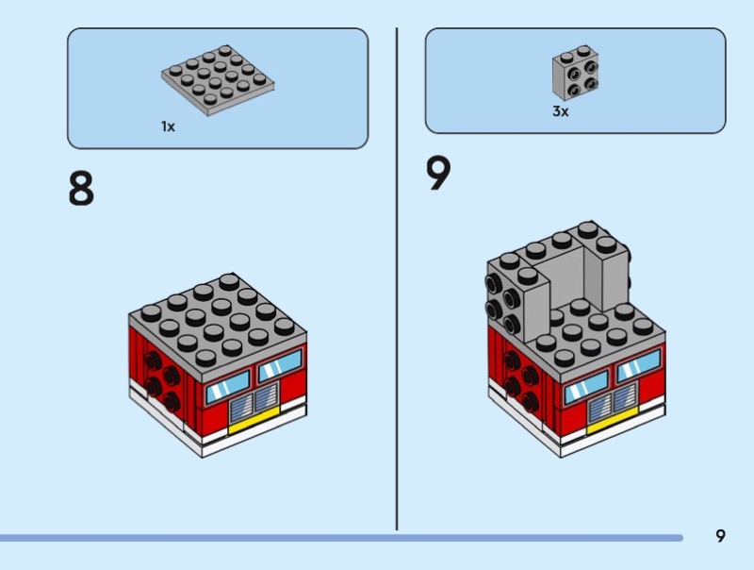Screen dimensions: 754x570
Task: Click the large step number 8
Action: (81, 189)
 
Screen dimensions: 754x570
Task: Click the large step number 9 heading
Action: (438, 173)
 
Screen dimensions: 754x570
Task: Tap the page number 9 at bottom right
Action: (720, 536)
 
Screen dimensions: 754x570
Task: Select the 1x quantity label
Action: (168, 126)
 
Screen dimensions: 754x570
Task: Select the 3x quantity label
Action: (560, 111)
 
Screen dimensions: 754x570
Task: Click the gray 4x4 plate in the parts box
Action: (218, 80)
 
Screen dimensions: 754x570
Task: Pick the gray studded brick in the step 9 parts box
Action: (576, 73)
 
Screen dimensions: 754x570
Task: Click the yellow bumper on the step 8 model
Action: (254, 421)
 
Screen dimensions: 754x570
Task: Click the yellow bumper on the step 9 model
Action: (612, 420)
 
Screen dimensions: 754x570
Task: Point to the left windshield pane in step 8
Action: (228, 387)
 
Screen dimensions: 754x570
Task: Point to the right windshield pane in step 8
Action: (280, 365)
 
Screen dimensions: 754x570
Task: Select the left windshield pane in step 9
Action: (586, 387)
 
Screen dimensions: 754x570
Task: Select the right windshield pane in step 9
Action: (639, 365)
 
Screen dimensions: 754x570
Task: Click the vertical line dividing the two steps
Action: (397, 278)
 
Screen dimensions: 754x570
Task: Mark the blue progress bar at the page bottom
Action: (341, 538)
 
